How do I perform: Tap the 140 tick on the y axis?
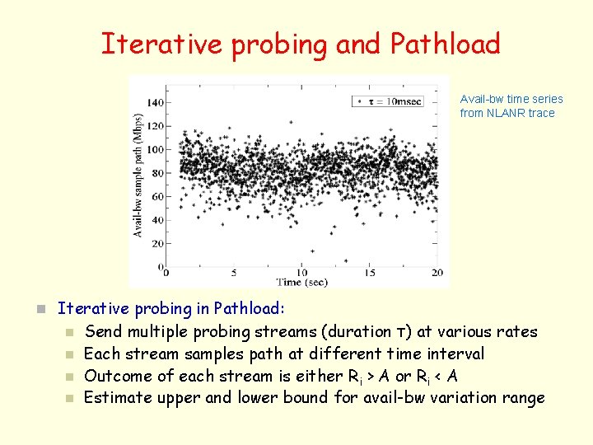pyautogui.click(x=153, y=103)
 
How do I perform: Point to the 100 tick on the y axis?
pyautogui.click(x=153, y=150)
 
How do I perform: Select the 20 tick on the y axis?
pyautogui.click(x=156, y=244)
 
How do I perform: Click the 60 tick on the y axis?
pyautogui.click(x=156, y=197)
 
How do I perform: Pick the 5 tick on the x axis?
pyautogui.click(x=234, y=273)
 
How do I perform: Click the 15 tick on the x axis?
pyautogui.click(x=370, y=273)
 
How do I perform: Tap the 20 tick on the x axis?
pyautogui.click(x=437, y=273)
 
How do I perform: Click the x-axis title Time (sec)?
pyautogui.click(x=301, y=282)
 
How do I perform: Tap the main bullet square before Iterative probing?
pyautogui.click(x=38, y=310)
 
